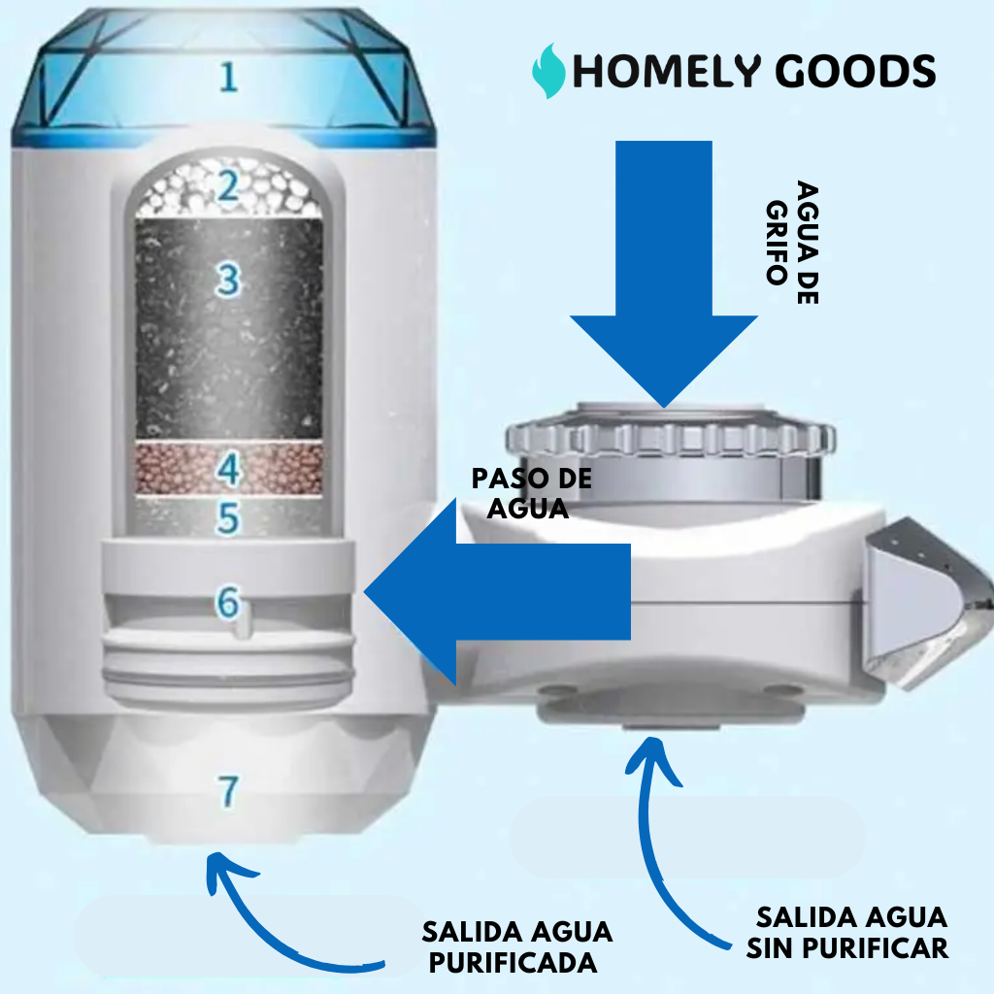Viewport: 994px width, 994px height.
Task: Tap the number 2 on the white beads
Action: point(228,186)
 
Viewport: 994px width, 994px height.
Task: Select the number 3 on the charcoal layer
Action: point(228,281)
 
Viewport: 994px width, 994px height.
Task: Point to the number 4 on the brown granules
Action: point(228,471)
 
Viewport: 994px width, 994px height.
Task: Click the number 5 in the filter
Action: point(228,518)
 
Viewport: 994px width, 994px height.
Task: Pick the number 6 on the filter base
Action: point(227,603)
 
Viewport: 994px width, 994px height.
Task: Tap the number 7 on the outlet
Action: point(228,791)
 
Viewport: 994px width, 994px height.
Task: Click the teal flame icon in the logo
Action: point(549,70)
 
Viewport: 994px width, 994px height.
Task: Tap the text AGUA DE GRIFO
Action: point(791,243)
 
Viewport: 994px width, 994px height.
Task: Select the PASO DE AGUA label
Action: point(530,493)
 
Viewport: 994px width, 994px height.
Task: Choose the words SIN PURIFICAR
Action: point(846,947)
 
